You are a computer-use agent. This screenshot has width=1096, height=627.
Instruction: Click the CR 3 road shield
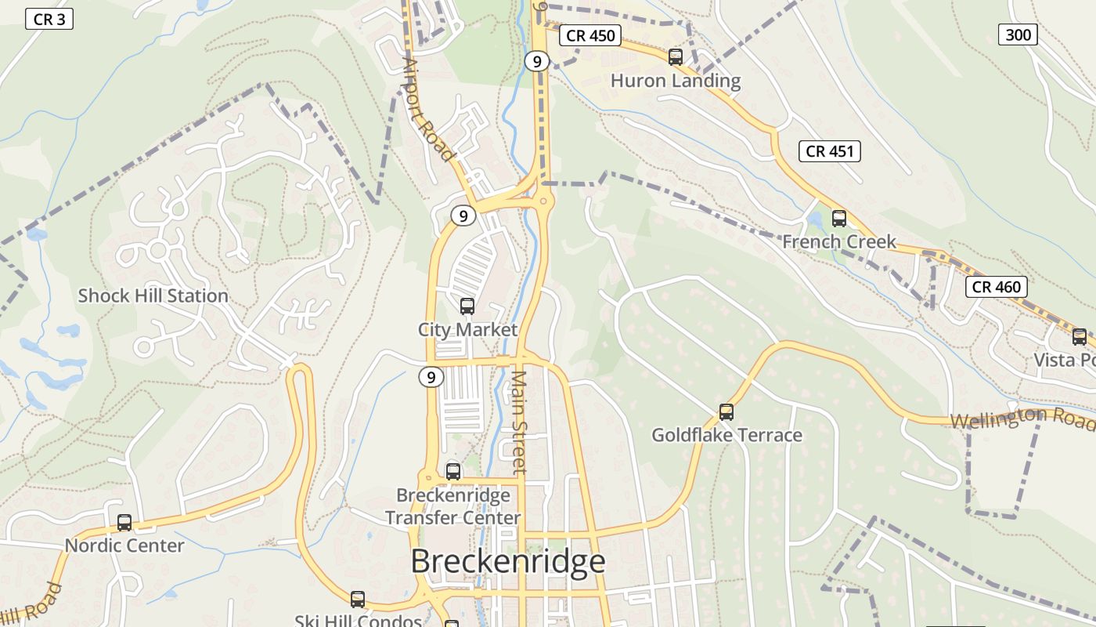click(49, 19)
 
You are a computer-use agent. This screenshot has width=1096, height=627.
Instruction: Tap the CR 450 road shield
click(589, 35)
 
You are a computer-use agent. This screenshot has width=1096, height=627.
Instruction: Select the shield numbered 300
click(1018, 34)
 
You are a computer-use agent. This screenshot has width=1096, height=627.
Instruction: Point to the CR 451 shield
click(829, 151)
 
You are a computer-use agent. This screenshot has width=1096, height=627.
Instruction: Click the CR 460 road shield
click(996, 287)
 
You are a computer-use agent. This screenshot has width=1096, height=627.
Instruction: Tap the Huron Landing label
click(675, 81)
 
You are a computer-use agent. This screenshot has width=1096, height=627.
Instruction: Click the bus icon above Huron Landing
click(675, 56)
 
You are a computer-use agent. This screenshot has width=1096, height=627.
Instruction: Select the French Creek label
click(839, 241)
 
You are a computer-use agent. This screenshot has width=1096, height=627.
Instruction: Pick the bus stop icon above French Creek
click(839, 219)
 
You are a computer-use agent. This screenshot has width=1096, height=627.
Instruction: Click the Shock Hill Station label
click(153, 296)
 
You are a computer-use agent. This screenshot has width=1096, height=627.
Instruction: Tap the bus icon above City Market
click(467, 306)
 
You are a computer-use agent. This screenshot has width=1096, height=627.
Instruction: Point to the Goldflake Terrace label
click(726, 435)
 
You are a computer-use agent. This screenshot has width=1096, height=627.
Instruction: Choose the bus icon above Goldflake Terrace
click(726, 412)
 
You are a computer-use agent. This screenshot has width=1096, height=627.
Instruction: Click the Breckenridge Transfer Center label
click(453, 506)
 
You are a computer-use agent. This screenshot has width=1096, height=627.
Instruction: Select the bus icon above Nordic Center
click(124, 523)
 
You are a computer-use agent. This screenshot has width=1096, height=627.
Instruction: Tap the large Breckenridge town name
click(507, 562)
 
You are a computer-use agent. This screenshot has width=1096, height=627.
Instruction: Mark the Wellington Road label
click(1022, 419)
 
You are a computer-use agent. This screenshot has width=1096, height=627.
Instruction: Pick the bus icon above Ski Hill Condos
click(358, 600)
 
